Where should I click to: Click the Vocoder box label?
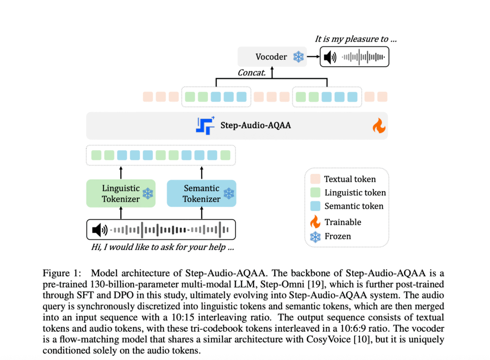tap(271, 57)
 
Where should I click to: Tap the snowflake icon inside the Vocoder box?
tap(298, 57)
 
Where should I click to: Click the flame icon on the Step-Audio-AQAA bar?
tap(379, 126)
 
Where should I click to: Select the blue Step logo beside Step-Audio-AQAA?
tap(205, 125)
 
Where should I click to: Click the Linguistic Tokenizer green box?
tap(121, 193)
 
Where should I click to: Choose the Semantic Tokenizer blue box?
tap(201, 193)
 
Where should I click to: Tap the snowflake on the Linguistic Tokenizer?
tap(148, 194)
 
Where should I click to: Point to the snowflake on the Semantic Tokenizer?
tap(229, 194)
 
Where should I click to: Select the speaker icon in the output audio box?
tap(330, 57)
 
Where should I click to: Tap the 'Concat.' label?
tap(252, 73)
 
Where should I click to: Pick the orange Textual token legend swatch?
tap(315, 180)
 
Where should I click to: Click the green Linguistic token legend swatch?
tap(315, 193)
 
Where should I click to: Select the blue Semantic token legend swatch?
tap(315, 206)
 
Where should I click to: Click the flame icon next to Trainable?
tap(315, 222)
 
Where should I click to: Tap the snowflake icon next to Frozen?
tap(315, 236)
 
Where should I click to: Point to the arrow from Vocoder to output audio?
tap(313, 57)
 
